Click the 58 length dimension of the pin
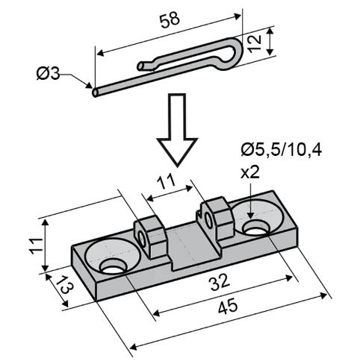click(170, 19)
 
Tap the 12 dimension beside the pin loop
click(255, 43)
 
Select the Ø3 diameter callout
click(48, 74)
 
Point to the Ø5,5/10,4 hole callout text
click(282, 151)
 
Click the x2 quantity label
click(250, 172)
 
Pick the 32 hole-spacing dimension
click(220, 282)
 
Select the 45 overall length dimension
click(228, 306)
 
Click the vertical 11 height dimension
click(37, 246)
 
